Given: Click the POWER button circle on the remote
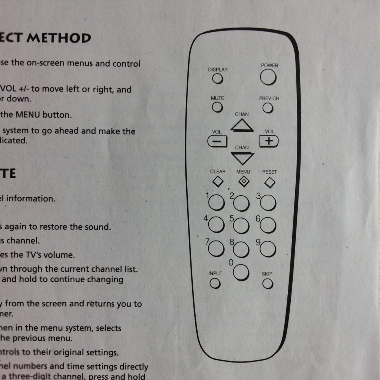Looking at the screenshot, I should coord(268,78).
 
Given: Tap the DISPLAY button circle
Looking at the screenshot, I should coord(217,79).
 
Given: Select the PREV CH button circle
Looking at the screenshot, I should coord(268,108).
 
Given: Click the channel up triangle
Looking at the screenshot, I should coord(242,125).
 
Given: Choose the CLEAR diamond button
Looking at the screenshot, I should coord(218,182).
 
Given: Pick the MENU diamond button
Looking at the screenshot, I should coord(243,182).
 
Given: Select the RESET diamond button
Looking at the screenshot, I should coord(269,183).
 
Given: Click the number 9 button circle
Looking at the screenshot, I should coord(268,249).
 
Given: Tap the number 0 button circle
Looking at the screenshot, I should coord(241,272).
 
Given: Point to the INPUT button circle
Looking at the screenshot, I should coord(215,283).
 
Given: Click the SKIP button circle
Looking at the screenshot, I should coord(268,284).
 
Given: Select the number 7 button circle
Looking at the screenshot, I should coord(216,248).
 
